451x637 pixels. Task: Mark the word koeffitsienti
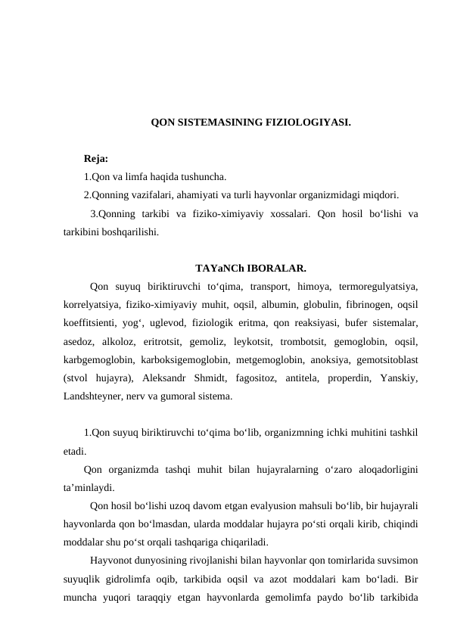pyautogui.click(x=89, y=323)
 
